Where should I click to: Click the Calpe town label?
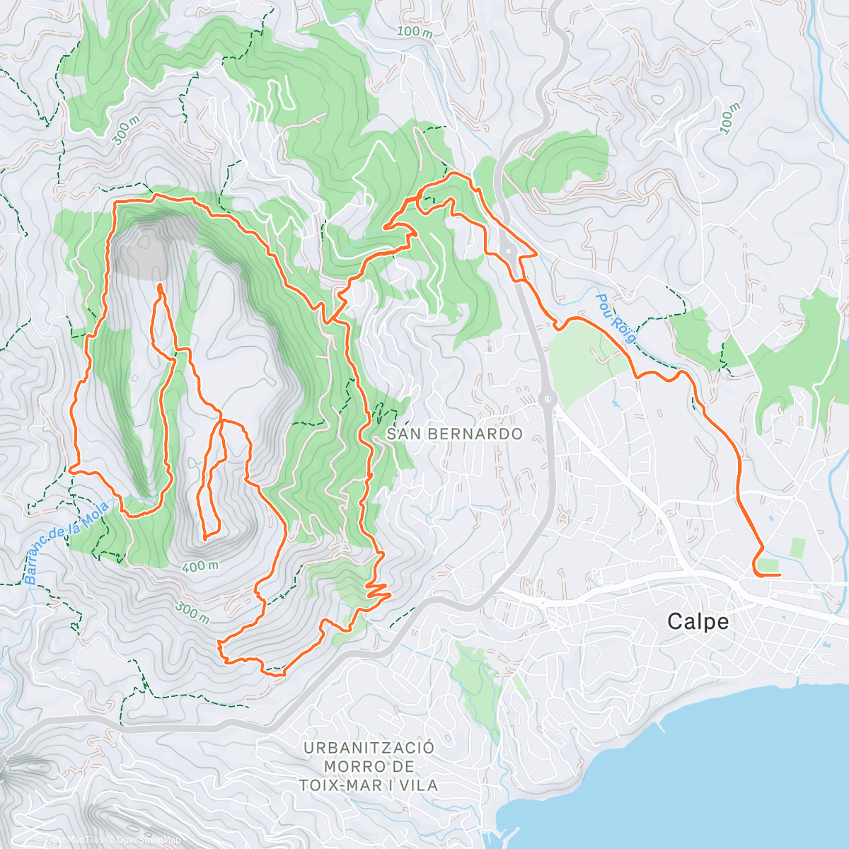pos(698,622)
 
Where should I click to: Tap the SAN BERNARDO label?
pos(454,434)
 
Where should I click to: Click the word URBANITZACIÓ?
pos(369,748)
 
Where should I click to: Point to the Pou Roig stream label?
pos(615,318)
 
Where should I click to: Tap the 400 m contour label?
pos(200,566)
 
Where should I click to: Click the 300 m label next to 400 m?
pos(192,613)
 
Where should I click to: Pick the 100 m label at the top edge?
pos(415,31)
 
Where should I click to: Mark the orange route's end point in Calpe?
pos(779,575)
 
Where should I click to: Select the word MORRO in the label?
pos(346,767)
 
